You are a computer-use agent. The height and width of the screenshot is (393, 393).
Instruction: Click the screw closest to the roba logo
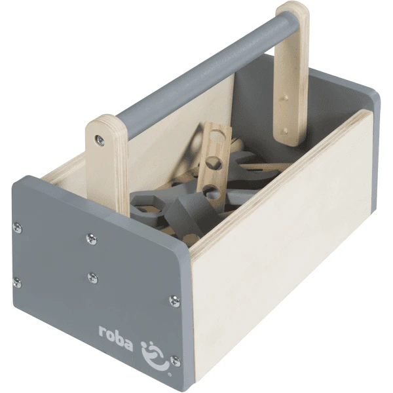[x=175, y=361]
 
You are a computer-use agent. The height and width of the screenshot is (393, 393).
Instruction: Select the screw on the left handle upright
[x=100, y=140]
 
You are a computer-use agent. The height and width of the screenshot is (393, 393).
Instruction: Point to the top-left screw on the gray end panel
[x=17, y=227]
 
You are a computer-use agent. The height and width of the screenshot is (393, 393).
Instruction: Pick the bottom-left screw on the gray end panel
[x=17, y=282]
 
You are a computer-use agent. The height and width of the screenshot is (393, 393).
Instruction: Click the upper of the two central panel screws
[x=92, y=238]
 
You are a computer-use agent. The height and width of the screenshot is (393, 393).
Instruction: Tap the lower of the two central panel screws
[x=93, y=278]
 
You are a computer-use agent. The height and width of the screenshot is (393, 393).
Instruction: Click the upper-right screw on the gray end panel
[x=174, y=301]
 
